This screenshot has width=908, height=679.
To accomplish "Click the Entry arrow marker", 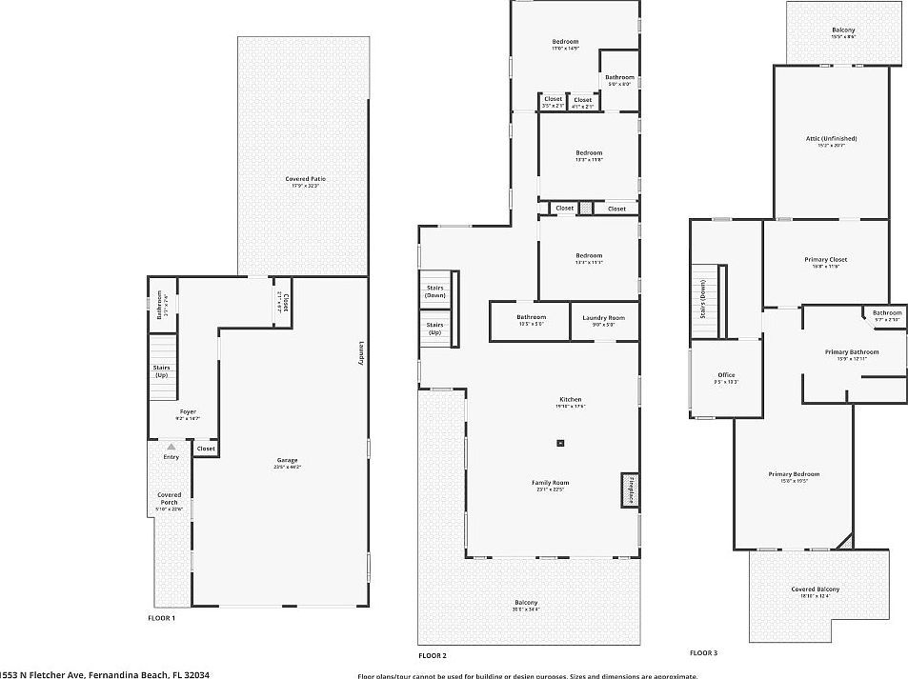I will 172,447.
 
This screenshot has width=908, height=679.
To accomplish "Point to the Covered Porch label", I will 170,498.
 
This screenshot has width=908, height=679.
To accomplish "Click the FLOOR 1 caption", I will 161,618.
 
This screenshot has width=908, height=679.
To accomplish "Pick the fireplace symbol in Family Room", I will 629,489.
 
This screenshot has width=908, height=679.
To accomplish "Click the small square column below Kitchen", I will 561,443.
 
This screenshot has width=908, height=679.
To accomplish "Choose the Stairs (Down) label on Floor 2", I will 434,290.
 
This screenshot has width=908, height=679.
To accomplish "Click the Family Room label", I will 551,485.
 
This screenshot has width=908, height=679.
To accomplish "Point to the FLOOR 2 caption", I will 432,655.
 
